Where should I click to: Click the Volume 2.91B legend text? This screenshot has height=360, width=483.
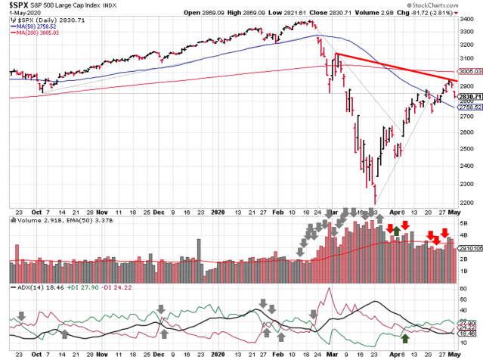pos(33,221)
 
